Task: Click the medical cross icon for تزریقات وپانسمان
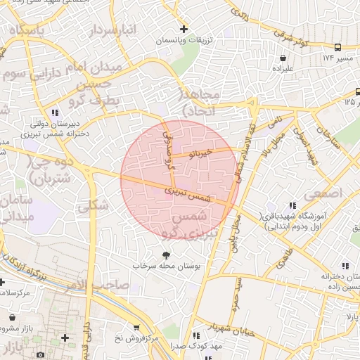184,30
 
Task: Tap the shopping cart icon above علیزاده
283,58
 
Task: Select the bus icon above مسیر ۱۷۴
338,48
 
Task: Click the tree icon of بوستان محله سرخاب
166,255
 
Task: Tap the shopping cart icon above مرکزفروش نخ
136,327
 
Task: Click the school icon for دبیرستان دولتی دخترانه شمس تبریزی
55,112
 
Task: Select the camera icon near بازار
40,354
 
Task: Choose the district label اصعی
323,192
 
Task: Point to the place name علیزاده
283,69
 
